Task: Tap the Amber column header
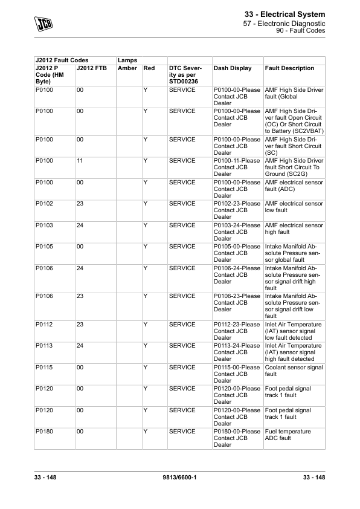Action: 127,68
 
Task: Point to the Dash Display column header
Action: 233,68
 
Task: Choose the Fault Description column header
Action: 289,68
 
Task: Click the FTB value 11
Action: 80,161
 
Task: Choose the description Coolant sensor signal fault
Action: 294,371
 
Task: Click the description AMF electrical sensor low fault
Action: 294,207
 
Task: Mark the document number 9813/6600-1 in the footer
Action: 181,478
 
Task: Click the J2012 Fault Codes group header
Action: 62,60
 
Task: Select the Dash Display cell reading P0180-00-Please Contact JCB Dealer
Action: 237,438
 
